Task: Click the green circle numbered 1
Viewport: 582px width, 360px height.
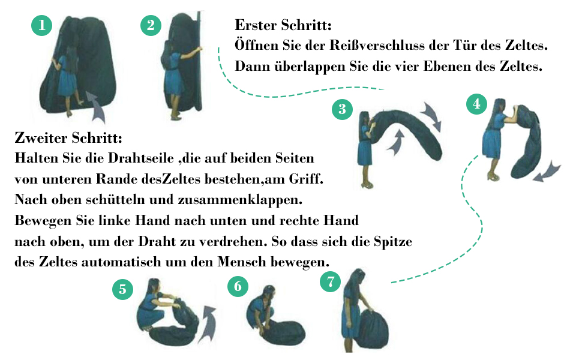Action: click(41, 25)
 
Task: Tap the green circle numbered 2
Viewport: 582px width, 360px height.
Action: click(151, 25)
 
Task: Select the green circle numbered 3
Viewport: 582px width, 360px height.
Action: click(342, 109)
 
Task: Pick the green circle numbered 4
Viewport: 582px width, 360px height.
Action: click(476, 104)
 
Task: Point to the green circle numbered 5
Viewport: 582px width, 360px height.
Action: click(123, 289)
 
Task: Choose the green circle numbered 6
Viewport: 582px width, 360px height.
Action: click(238, 286)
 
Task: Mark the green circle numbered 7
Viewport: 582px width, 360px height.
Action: click(331, 281)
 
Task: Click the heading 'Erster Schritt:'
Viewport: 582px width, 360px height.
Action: click(283, 25)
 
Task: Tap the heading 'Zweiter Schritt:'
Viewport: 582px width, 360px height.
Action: click(68, 138)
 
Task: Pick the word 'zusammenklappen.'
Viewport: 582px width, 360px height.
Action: click(240, 200)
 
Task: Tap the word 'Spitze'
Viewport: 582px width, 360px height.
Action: click(393, 242)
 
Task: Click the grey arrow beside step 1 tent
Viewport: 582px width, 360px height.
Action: click(96, 107)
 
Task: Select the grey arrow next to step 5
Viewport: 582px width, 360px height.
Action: click(208, 323)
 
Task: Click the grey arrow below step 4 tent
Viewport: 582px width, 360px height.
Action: click(547, 171)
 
